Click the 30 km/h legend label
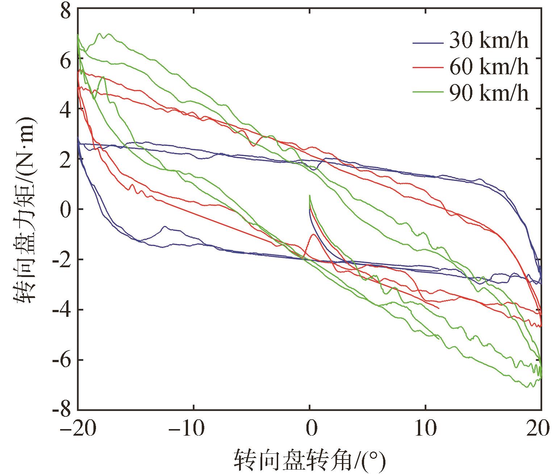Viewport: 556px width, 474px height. pyautogui.click(x=489, y=41)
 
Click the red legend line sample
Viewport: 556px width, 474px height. pyautogui.click(x=428, y=68)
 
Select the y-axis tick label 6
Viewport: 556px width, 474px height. pyautogui.click(x=66, y=59)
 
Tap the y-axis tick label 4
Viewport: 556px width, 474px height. pyautogui.click(x=66, y=109)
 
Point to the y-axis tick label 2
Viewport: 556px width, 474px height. pyautogui.click(x=66, y=159)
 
